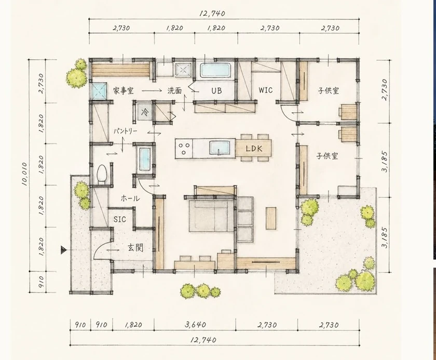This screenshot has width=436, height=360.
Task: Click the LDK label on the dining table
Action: click(x=254, y=149)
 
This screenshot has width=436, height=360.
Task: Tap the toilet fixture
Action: click(x=102, y=175)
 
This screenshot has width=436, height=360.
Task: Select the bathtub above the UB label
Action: click(x=216, y=70)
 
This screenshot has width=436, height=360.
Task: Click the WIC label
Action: click(x=266, y=90)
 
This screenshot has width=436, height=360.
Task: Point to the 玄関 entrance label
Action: click(x=135, y=248)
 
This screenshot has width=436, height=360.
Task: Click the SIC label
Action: click(x=119, y=219)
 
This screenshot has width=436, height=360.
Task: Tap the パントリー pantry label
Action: click(x=125, y=131)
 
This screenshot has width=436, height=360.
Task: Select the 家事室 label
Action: click(x=123, y=91)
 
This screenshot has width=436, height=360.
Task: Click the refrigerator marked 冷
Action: click(x=145, y=112)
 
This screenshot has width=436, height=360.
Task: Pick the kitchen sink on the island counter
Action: click(x=220, y=148)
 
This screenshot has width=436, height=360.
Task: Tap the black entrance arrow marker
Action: click(x=64, y=250)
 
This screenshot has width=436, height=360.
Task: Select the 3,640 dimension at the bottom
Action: click(x=196, y=324)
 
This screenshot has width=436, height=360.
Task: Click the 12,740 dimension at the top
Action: click(x=212, y=13)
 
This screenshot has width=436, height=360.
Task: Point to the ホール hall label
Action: click(x=130, y=198)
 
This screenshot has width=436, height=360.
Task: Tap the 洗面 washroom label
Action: click(x=174, y=90)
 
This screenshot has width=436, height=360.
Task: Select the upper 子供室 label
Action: click(x=329, y=91)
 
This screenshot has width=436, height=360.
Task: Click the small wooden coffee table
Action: click(x=271, y=218)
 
